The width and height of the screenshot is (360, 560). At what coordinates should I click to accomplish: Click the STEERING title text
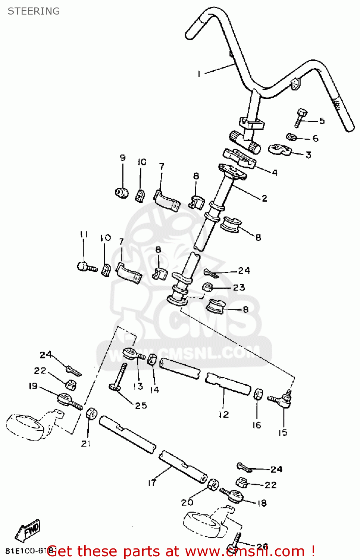(34, 11)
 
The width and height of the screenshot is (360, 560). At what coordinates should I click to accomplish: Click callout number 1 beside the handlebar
(199, 74)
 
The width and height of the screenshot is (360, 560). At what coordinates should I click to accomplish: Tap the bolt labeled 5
(301, 117)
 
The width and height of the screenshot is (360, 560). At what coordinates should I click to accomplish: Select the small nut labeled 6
(291, 137)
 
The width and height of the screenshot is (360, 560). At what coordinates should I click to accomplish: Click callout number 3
(308, 155)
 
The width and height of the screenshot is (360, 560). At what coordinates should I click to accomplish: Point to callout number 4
(275, 172)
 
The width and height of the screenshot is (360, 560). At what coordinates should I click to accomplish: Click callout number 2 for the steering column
(264, 198)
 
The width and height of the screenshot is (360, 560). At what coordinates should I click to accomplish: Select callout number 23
(239, 287)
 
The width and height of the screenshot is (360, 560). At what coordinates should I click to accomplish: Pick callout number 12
(223, 414)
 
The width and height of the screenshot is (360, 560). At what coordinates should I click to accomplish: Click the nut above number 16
(258, 394)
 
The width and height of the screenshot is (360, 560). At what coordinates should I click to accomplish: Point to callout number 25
(141, 405)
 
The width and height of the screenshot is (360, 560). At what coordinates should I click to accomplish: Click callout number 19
(33, 386)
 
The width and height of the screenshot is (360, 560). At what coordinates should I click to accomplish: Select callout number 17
(152, 483)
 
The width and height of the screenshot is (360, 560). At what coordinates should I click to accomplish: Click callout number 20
(187, 503)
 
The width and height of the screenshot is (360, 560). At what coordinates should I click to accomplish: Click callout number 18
(262, 503)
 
